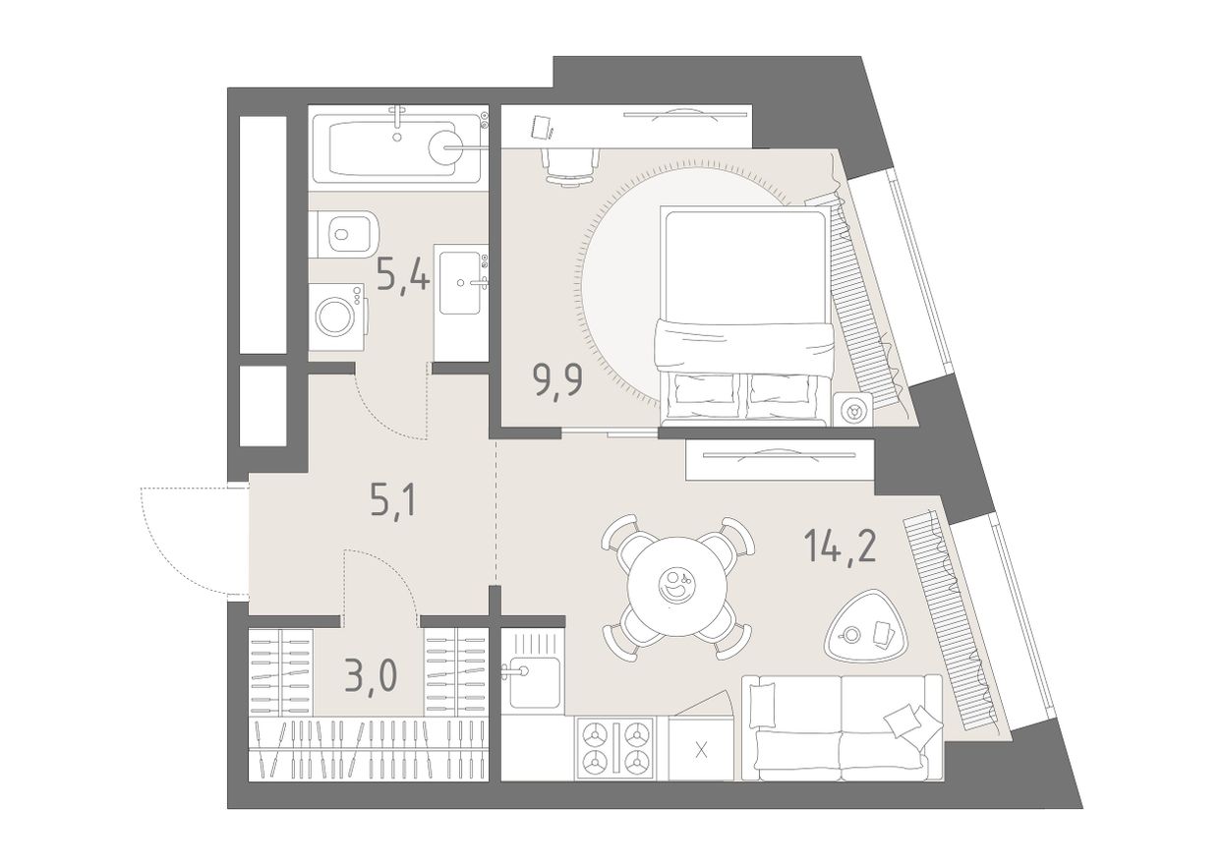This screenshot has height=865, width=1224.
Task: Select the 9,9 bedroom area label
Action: (x=557, y=380)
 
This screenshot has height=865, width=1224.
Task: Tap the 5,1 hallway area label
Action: (x=393, y=501)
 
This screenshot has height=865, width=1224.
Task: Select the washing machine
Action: (x=336, y=317)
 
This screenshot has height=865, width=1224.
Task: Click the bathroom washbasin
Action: (x=462, y=282)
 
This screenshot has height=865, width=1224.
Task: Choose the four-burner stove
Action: (x=614, y=748)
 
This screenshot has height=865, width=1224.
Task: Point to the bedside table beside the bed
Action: (x=853, y=409)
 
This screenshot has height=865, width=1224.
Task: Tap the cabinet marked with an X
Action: (x=701, y=749)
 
